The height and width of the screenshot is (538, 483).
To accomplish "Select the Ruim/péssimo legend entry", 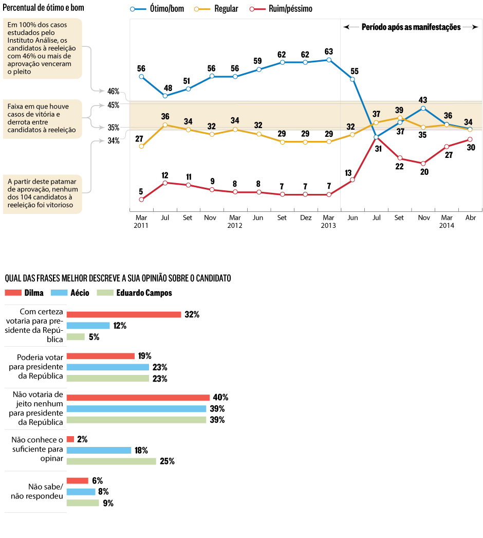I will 281,9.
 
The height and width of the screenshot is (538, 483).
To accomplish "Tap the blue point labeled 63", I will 329,60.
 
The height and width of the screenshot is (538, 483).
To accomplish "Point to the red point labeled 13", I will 352,180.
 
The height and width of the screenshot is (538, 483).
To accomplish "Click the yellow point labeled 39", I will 400,118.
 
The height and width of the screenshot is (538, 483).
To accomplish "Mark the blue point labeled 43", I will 423,108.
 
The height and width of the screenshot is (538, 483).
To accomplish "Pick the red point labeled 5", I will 141,200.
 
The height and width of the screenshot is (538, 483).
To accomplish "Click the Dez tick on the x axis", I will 305,218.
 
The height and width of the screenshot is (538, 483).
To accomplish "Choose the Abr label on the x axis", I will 470,218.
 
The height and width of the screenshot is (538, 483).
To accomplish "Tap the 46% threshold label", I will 113,91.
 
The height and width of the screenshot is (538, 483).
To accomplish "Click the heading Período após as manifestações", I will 411,27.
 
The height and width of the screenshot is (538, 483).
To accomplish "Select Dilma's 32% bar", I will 124,314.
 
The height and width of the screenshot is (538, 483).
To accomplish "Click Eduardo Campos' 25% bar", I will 112,461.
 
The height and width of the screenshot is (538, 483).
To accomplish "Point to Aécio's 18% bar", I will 99,450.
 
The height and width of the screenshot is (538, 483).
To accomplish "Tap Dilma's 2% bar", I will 70,439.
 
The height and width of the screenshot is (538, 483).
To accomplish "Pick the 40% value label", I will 221,398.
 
